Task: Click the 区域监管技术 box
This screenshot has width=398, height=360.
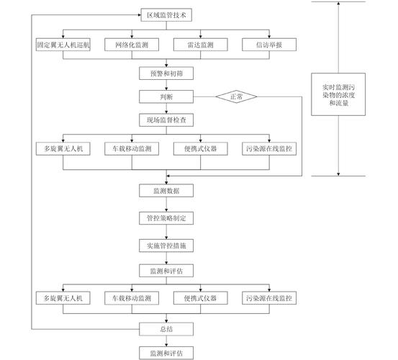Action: [166, 15]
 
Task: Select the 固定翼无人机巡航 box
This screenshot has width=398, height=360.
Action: [63, 45]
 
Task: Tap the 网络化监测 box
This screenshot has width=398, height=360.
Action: [132, 45]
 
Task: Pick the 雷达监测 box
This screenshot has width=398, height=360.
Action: [201, 45]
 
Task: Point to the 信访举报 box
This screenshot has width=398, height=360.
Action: [269, 45]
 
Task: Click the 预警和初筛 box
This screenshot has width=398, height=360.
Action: [166, 73]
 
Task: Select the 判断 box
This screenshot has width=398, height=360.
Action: [166, 96]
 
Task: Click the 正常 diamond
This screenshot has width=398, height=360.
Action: [236, 96]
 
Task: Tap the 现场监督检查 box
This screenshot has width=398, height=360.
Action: [166, 120]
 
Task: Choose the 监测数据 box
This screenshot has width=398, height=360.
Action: [166, 191]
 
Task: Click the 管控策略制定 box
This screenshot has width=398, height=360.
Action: [166, 218]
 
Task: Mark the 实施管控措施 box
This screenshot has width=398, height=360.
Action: [166, 246]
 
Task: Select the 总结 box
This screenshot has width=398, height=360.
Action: [166, 329]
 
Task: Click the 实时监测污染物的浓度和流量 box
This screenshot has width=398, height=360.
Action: [338, 94]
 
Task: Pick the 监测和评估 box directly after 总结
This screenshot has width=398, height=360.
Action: [166, 353]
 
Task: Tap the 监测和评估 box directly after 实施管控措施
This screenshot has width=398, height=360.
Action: [166, 271]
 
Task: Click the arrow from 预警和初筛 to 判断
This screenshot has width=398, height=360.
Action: [166, 85]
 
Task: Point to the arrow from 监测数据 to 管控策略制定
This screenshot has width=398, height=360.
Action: [166, 204]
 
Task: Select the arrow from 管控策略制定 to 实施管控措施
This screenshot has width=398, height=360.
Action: [166, 232]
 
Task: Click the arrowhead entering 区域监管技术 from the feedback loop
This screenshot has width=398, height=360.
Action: [140, 15]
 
